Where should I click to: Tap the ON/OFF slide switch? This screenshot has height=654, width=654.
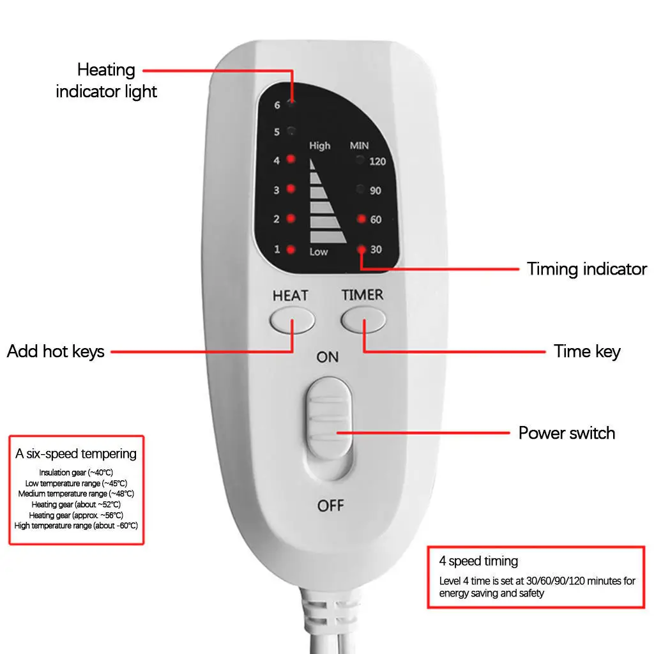[328, 427]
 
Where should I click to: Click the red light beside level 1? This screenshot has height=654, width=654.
[291, 249]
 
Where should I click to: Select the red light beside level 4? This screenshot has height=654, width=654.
[291, 160]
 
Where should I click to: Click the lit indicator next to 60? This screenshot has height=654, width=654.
[361, 219]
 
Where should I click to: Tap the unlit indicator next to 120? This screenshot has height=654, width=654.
[361, 160]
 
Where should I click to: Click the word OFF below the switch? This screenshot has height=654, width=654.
[330, 506]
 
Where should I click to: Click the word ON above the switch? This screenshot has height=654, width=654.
[328, 357]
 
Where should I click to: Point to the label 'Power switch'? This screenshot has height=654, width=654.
[567, 433]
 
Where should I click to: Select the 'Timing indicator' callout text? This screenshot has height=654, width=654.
[586, 269]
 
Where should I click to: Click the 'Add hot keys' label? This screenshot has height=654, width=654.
[56, 351]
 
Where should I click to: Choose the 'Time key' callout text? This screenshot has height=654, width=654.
[587, 351]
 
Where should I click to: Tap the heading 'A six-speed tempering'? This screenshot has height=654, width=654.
[76, 454]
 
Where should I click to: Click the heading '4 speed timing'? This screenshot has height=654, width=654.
[478, 561]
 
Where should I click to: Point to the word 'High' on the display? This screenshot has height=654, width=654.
[320, 146]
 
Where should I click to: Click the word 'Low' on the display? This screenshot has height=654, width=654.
[319, 252]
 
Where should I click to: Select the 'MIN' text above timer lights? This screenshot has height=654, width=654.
[359, 146]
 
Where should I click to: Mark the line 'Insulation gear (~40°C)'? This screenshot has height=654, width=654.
[76, 473]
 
